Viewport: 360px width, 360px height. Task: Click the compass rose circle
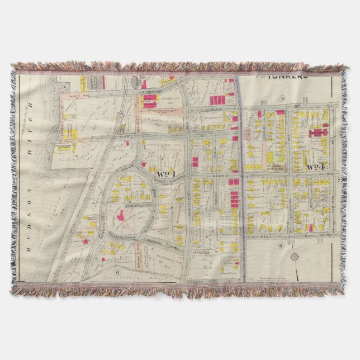pos(294,257)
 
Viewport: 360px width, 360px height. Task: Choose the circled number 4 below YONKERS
pos(283,98)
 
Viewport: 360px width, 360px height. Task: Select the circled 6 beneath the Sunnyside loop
pos(118,272)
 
